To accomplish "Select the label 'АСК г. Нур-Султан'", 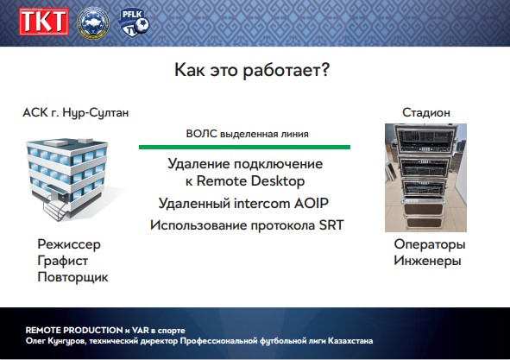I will click(x=76, y=113).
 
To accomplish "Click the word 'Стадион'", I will click(x=426, y=113).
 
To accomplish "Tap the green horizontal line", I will click(x=244, y=148).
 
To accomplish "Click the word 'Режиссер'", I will click(x=69, y=244).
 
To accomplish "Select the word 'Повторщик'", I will click(x=72, y=276).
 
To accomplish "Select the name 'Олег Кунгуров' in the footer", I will click(x=57, y=341).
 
